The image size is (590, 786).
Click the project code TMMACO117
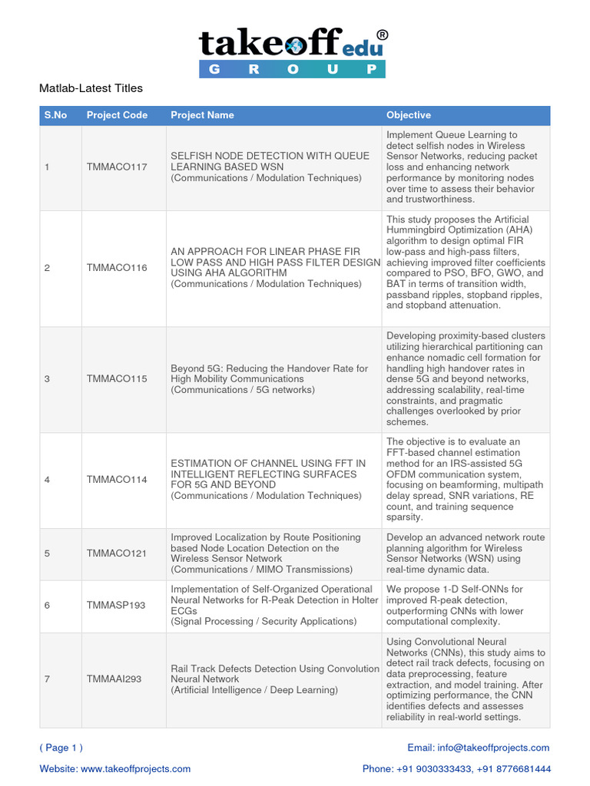click(x=117, y=167)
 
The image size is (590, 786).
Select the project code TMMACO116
click(x=117, y=268)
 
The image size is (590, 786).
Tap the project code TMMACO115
click(x=117, y=379)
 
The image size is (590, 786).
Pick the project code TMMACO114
click(x=117, y=480)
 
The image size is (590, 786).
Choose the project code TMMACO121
click(x=117, y=553)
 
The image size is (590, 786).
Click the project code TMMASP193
click(x=117, y=606)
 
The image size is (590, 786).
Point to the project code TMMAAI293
click(x=114, y=679)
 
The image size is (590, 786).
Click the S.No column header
click(x=55, y=115)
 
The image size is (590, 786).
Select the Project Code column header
click(x=117, y=115)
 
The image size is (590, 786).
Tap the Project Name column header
click(x=202, y=115)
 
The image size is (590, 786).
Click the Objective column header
click(x=409, y=115)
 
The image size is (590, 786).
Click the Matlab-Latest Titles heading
click(x=91, y=88)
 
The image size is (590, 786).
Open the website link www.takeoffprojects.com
click(x=135, y=768)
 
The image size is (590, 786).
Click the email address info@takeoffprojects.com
click(x=505, y=748)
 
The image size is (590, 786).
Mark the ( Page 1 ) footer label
click(x=61, y=748)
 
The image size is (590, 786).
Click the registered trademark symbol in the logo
click(x=382, y=35)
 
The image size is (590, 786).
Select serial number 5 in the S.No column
click(x=47, y=553)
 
